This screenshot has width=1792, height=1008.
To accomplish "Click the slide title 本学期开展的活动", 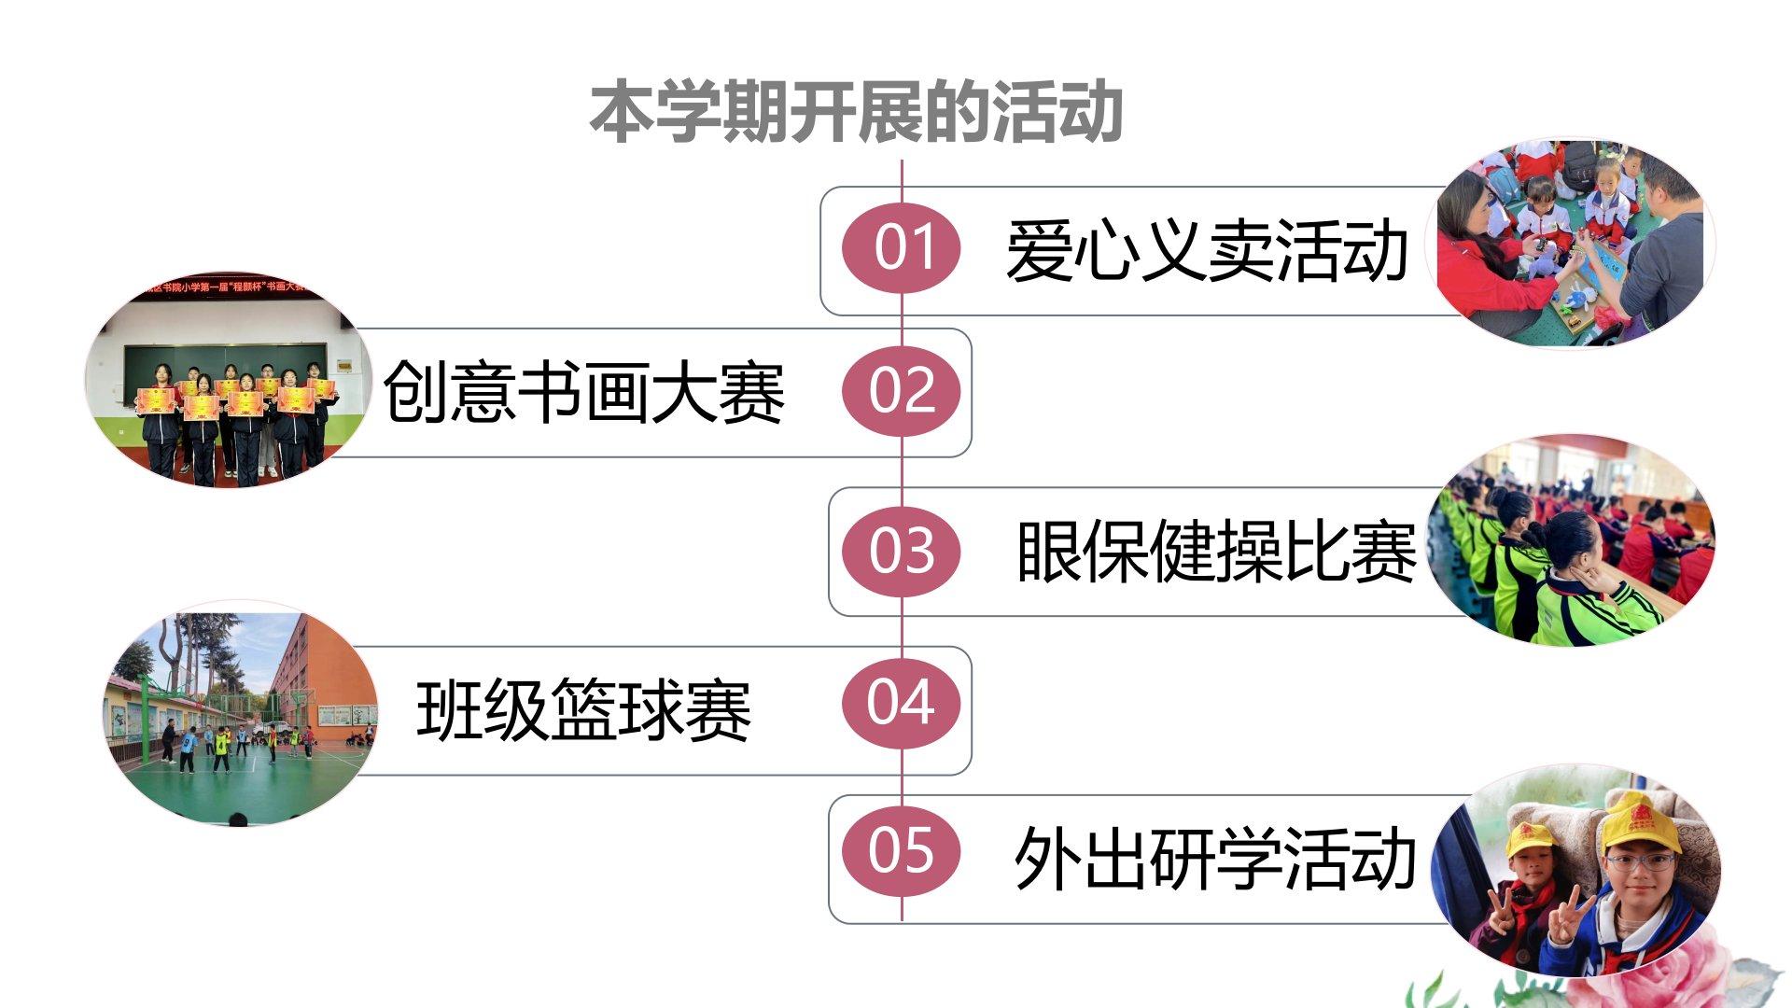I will pyautogui.click(x=855, y=112).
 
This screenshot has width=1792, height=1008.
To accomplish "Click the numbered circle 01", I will pyautogui.click(x=902, y=247).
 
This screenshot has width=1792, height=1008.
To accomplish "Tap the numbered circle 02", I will pyautogui.click(x=902, y=391).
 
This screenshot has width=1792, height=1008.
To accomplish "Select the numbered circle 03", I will pyautogui.click(x=902, y=551).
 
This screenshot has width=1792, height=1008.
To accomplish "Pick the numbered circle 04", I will pyautogui.click(x=902, y=703).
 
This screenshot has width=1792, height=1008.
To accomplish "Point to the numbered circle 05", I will pyautogui.click(x=902, y=850).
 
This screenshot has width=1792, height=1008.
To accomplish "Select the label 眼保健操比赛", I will pyautogui.click(x=1215, y=552).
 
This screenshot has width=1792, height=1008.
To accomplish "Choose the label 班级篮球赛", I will pyautogui.click(x=584, y=711).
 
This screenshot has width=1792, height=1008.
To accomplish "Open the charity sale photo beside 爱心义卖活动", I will pyautogui.click(x=1574, y=245).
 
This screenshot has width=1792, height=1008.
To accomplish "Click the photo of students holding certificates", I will pyautogui.click(x=224, y=383).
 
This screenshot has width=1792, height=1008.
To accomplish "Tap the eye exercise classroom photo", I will pyautogui.click(x=1574, y=541).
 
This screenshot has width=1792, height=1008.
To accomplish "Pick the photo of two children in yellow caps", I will pyautogui.click(x=1577, y=873).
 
